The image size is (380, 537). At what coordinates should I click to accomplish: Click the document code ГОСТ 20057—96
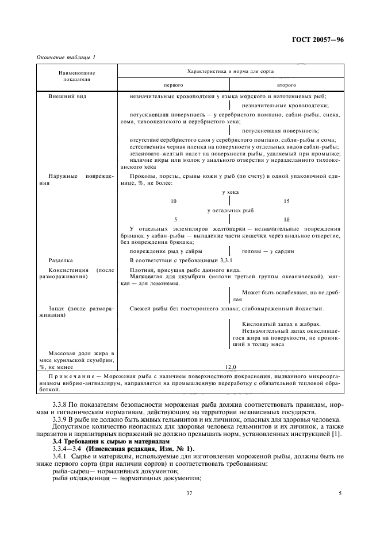(x=319, y=39)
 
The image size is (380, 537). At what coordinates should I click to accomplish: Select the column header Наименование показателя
(x=76, y=76)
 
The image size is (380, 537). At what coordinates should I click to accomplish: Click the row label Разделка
(x=60, y=260)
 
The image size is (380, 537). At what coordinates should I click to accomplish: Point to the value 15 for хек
(x=287, y=201)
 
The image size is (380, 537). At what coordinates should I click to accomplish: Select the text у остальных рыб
(x=230, y=211)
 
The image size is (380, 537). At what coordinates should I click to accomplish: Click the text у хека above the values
(x=230, y=192)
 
